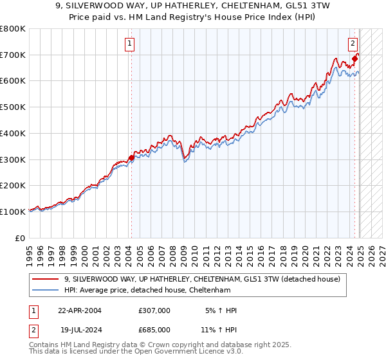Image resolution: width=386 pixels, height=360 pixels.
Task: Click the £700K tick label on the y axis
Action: coord(13,55)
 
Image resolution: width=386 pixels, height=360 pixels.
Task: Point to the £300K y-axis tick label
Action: coord(13,159)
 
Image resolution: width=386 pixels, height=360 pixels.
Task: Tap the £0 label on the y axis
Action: coord(20,238)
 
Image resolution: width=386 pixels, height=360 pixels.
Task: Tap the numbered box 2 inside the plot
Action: coord(353,44)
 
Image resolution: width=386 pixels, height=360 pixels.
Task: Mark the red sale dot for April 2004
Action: coord(131,157)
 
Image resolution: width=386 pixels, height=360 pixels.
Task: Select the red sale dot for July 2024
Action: coord(355,59)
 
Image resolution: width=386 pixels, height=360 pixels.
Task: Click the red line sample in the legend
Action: coord(46,279)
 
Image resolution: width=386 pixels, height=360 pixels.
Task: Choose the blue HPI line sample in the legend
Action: coord(46,290)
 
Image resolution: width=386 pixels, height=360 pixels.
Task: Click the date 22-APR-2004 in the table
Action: coord(80,310)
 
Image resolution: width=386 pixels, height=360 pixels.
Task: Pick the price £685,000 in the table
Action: coord(154,329)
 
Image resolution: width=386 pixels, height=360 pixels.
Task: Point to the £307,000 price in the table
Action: coord(154,310)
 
